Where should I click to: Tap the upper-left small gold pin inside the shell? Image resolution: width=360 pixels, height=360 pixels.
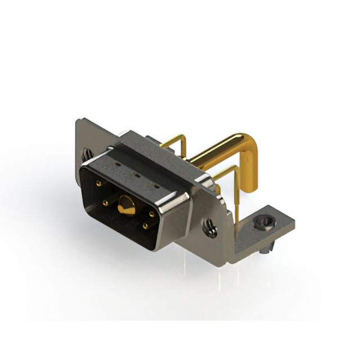99,184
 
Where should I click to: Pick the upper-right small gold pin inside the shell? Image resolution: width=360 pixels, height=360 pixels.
152,214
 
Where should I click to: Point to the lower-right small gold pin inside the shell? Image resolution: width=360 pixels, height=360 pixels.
146,226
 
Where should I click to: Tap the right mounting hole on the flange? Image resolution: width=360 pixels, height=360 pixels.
210,229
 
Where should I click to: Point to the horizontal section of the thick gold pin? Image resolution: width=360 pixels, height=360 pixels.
219,149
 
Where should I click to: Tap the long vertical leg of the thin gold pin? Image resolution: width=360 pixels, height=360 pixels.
237,197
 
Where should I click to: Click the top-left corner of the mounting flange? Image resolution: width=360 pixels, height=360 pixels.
79,119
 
